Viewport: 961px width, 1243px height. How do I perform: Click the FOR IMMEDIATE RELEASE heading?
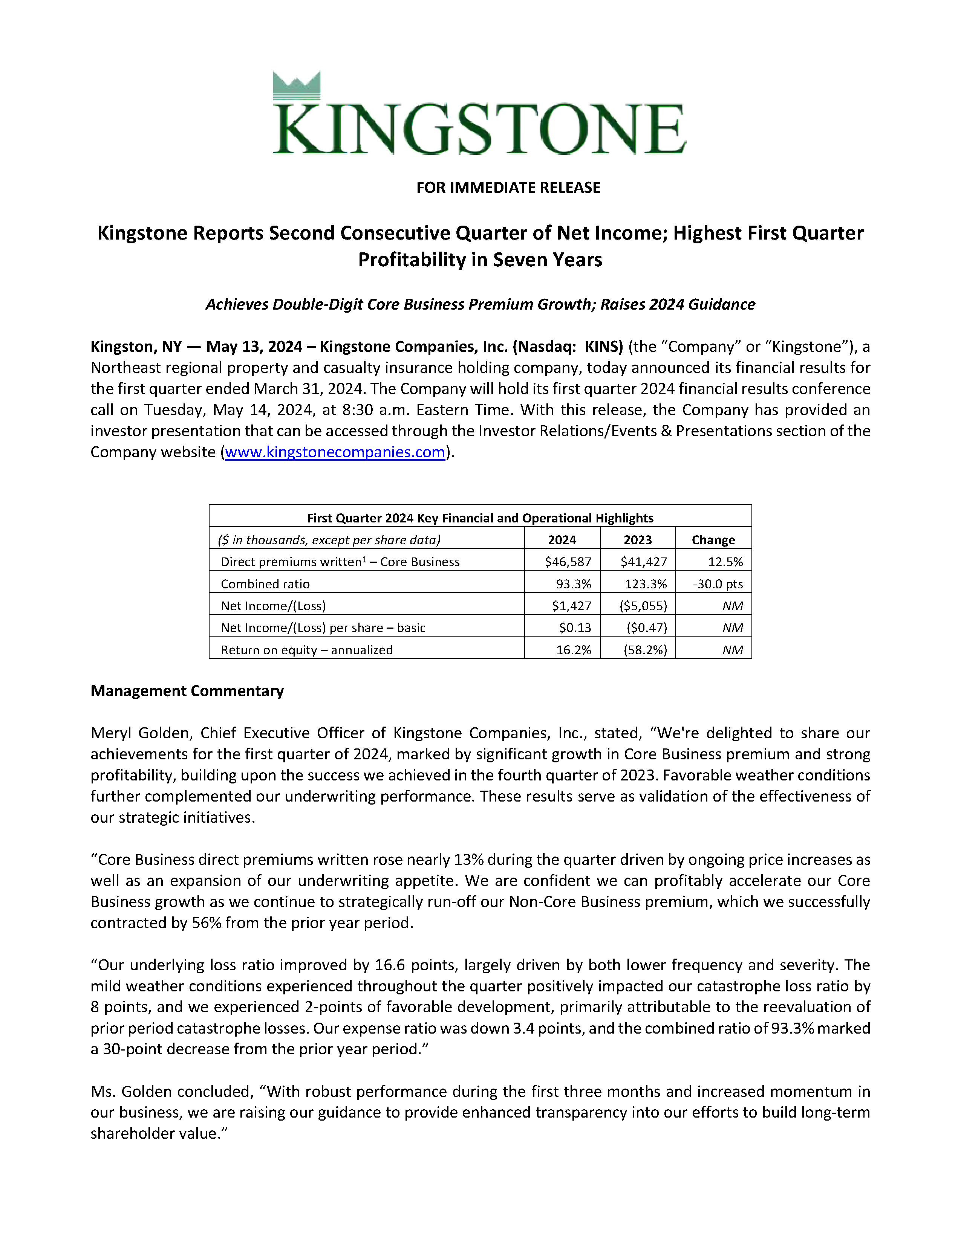pos(508,188)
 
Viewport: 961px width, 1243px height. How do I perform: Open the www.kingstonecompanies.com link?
pos(335,452)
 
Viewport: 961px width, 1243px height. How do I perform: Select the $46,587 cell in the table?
pos(568,562)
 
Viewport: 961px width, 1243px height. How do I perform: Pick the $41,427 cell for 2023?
pos(643,562)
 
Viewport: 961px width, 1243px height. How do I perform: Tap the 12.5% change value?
pos(725,562)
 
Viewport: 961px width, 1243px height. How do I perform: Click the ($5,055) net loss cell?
pos(643,606)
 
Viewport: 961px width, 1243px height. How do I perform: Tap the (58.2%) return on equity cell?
pos(645,650)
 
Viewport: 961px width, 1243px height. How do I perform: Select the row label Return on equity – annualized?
pos(307,650)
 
